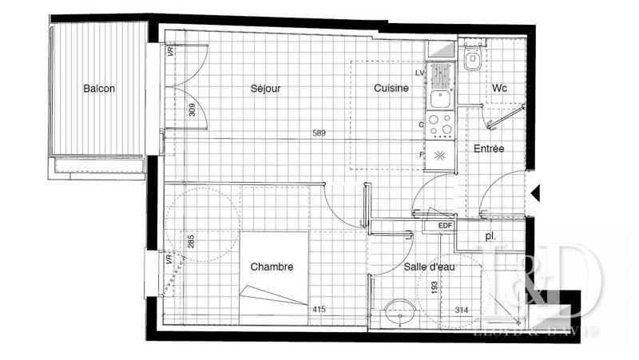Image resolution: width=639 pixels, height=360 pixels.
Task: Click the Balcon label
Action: [99, 89]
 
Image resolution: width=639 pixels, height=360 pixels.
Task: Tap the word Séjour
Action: [265, 89]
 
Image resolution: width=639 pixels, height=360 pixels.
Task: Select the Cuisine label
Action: [392, 89]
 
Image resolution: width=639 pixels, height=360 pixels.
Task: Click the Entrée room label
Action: [489, 148]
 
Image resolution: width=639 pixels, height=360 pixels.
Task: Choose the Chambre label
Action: [272, 267]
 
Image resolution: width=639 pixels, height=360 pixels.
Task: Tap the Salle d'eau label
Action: [429, 267]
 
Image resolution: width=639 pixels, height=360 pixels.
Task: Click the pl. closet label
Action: [490, 236]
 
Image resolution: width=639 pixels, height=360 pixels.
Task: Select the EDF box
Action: [444, 226]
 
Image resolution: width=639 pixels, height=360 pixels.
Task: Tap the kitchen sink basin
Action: [438, 99]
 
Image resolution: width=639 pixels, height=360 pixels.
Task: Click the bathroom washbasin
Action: [397, 315]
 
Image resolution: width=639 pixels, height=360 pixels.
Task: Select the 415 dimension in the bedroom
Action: [319, 310]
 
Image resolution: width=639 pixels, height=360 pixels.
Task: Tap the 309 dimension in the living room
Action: [192, 110]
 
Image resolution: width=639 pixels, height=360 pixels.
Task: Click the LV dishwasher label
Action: [419, 73]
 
